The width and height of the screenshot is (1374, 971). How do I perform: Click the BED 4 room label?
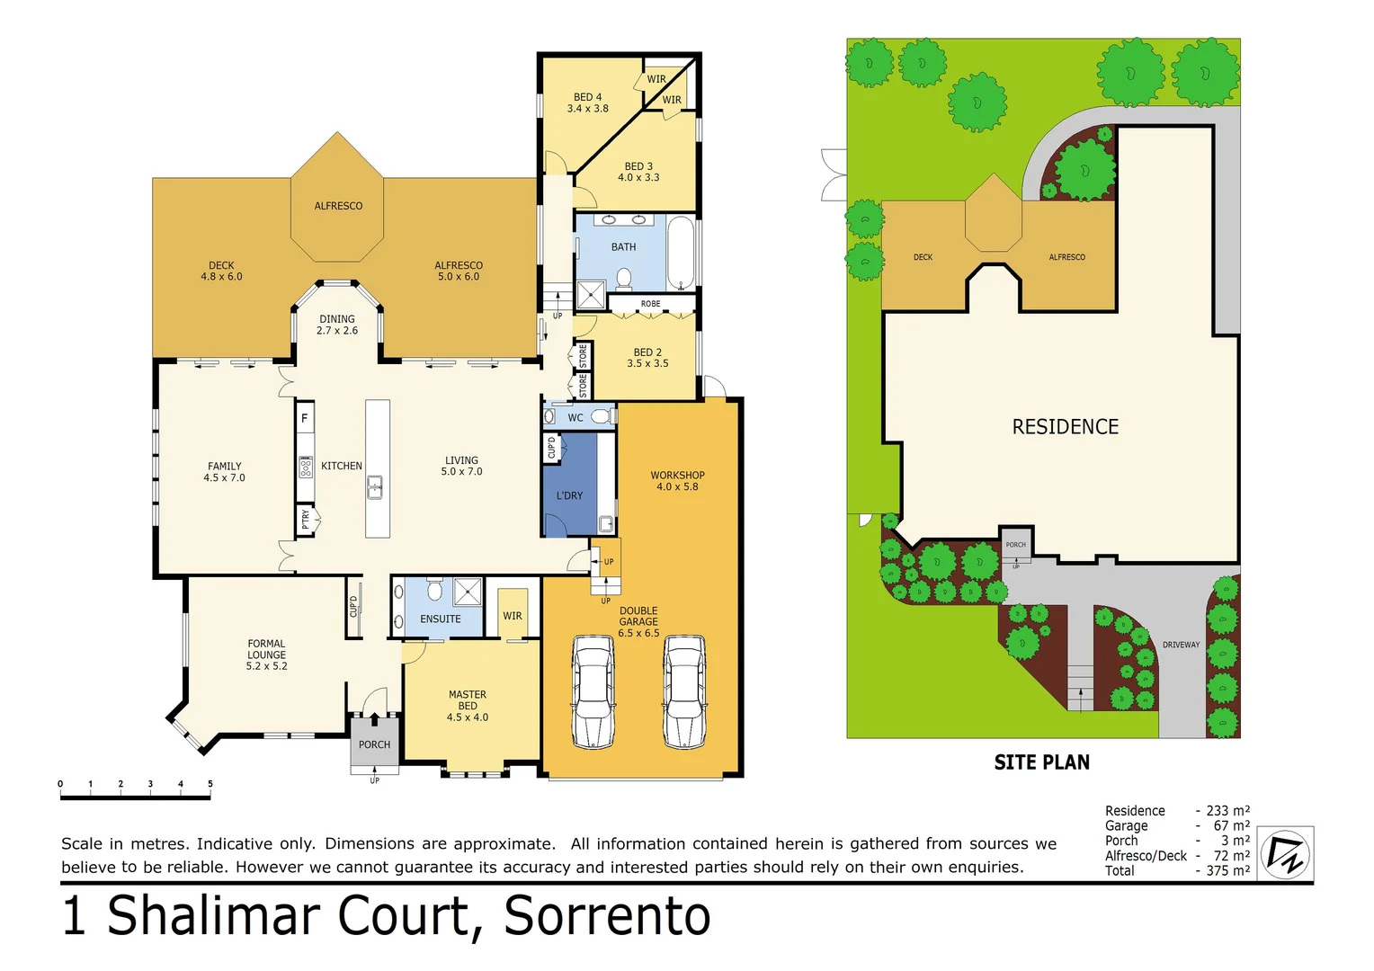pyautogui.click(x=587, y=97)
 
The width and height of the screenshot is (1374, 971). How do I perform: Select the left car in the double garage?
pyautogui.click(x=593, y=691)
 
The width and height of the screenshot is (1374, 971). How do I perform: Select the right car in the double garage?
pyautogui.click(x=684, y=691)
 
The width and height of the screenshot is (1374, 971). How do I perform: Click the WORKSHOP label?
pyautogui.click(x=677, y=476)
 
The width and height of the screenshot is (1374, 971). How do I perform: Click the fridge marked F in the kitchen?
pyautogui.click(x=305, y=418)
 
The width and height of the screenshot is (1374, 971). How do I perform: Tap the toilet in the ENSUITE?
pyautogui.click(x=435, y=590)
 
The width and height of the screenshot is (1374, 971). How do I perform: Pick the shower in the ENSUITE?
pyautogui.click(x=468, y=592)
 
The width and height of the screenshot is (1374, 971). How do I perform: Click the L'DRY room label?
pyautogui.click(x=569, y=495)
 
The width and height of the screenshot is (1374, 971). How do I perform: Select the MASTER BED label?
pyautogui.click(x=468, y=699)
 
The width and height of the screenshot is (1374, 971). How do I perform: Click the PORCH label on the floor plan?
pyautogui.click(x=374, y=744)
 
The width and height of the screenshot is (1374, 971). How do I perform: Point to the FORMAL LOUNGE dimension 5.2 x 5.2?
pyautogui.click(x=267, y=666)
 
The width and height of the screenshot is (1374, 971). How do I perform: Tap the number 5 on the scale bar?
pyautogui.click(x=210, y=784)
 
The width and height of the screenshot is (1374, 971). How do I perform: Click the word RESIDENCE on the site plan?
pyautogui.click(x=1066, y=427)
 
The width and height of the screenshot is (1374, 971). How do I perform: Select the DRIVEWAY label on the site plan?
pyautogui.click(x=1181, y=645)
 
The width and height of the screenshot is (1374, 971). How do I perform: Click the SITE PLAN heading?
pyautogui.click(x=1041, y=762)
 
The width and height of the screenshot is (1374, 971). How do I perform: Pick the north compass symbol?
pyautogui.click(x=1285, y=854)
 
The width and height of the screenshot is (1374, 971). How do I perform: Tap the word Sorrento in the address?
pyautogui.click(x=607, y=917)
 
